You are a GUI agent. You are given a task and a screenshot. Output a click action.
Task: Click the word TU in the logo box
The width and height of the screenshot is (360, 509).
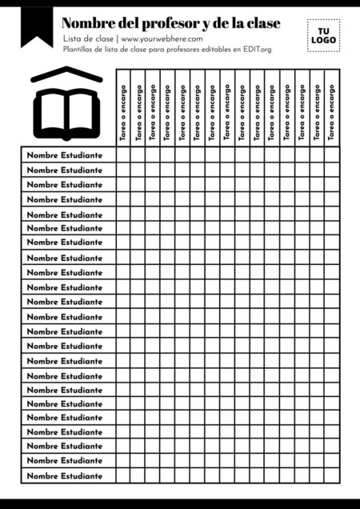pyautogui.click(x=323, y=30)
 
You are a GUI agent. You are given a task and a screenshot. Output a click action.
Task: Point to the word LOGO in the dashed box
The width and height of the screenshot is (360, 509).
pyautogui.click(x=323, y=40)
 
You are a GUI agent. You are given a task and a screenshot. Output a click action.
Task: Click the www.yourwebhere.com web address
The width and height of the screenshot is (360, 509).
pyautogui.click(x=162, y=38)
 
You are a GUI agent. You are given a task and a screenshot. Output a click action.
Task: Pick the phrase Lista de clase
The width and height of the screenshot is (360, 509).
pyautogui.click(x=88, y=38)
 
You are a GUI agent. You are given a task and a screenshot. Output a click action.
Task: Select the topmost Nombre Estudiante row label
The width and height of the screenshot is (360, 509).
pyautogui.click(x=65, y=155)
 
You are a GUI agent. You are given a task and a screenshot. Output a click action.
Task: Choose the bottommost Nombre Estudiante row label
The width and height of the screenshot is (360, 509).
pyautogui.click(x=65, y=476)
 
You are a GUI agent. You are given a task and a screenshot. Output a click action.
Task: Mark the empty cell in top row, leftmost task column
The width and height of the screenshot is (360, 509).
pyautogui.click(x=123, y=155)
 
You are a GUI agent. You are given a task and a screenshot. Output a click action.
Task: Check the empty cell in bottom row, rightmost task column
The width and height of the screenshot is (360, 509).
pyautogui.click(x=332, y=476)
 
